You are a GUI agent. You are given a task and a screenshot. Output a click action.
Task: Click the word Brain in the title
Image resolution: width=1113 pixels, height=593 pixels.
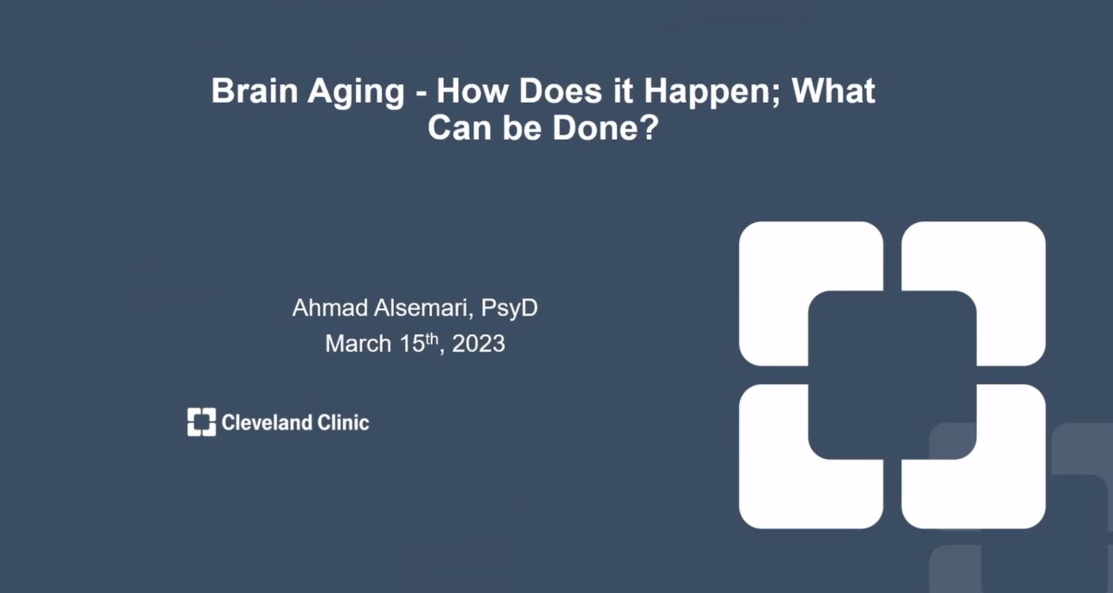(x=255, y=90)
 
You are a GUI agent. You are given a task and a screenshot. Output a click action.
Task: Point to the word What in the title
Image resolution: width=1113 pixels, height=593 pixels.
(x=833, y=90)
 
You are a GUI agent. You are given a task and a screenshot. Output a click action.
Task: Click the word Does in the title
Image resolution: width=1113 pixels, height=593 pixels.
(x=560, y=90)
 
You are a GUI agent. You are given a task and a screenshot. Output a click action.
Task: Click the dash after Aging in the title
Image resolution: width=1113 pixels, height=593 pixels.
(x=421, y=94)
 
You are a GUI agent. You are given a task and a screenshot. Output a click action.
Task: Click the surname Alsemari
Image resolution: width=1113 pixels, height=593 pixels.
(x=424, y=307)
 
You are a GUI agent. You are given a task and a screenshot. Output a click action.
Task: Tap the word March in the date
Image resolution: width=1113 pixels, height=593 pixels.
(x=358, y=343)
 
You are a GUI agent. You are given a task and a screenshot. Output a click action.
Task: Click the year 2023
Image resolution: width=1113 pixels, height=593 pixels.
(x=478, y=343)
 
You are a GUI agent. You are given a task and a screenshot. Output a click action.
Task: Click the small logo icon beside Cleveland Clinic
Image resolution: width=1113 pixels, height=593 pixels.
(x=202, y=422)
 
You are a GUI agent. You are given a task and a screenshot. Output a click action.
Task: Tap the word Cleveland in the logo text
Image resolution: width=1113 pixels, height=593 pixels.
(x=267, y=423)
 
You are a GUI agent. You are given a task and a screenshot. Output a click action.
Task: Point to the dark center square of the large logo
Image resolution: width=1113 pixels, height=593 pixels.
(x=892, y=375)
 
